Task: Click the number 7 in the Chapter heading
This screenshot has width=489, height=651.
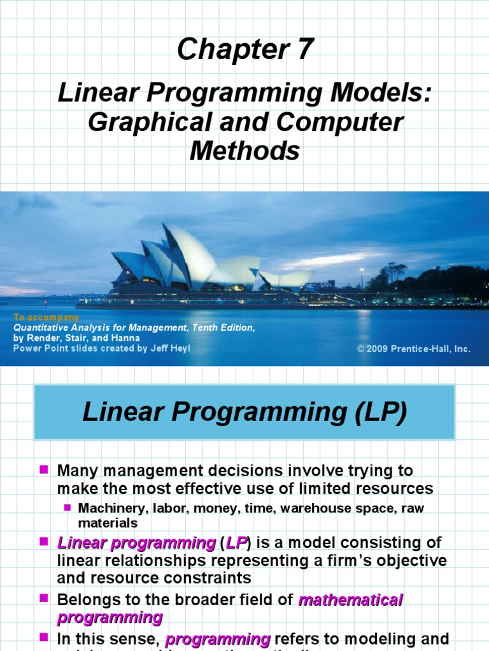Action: coord(304,50)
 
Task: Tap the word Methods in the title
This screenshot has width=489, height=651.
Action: coord(244,151)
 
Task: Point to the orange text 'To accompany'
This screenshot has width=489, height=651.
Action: coord(46,317)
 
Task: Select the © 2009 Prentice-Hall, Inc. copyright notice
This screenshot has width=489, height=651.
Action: coord(414,349)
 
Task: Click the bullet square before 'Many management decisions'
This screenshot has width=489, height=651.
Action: coord(44,470)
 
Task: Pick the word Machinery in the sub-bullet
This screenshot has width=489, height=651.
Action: coord(105,509)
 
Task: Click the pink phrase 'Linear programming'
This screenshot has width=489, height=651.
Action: coord(136,544)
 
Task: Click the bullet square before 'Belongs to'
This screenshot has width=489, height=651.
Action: coord(44,599)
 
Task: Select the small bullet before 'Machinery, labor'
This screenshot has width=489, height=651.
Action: coord(67,507)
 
